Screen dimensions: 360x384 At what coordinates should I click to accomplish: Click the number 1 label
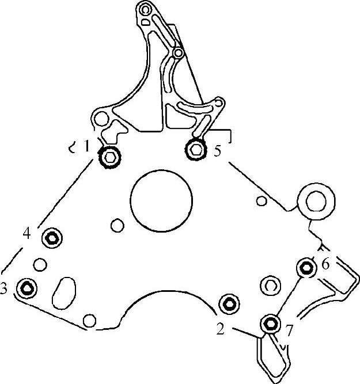(86, 147)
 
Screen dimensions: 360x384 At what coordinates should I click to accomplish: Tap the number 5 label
(217, 150)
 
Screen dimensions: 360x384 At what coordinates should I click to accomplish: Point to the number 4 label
(26, 233)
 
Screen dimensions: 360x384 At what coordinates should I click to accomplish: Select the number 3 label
(3, 288)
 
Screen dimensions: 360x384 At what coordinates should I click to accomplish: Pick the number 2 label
(220, 329)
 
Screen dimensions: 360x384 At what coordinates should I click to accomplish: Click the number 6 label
(325, 264)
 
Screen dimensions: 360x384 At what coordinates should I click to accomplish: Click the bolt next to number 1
(109, 157)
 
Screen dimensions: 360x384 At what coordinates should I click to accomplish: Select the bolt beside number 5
(195, 149)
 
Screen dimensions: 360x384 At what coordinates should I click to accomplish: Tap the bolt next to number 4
(52, 238)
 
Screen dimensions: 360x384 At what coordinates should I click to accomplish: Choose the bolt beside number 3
(26, 288)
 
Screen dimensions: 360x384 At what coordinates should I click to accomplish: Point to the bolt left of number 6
(306, 268)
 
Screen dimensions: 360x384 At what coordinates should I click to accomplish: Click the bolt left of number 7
(270, 324)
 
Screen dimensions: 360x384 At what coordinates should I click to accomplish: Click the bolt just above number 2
(229, 304)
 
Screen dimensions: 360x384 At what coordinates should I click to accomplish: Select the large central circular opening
(161, 201)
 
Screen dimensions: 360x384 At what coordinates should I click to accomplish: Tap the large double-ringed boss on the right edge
(316, 201)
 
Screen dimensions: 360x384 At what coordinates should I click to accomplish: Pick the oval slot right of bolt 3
(64, 292)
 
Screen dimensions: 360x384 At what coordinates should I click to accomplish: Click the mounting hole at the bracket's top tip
(145, 10)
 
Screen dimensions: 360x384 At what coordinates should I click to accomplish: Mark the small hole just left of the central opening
(118, 225)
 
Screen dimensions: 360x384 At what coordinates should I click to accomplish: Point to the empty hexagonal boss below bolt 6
(270, 286)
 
